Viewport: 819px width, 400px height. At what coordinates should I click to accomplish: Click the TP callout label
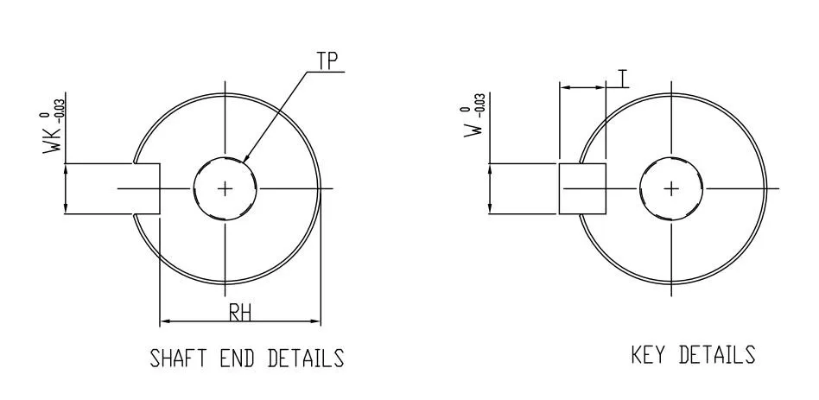click(x=327, y=61)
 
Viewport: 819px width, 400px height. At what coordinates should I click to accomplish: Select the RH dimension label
click(x=240, y=313)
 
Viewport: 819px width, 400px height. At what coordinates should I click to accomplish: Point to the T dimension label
click(x=623, y=78)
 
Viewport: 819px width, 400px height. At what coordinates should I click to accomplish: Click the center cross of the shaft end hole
click(x=225, y=188)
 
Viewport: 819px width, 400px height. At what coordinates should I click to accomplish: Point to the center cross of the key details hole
click(x=671, y=188)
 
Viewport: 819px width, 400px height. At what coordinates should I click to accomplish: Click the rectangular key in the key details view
click(x=583, y=188)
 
